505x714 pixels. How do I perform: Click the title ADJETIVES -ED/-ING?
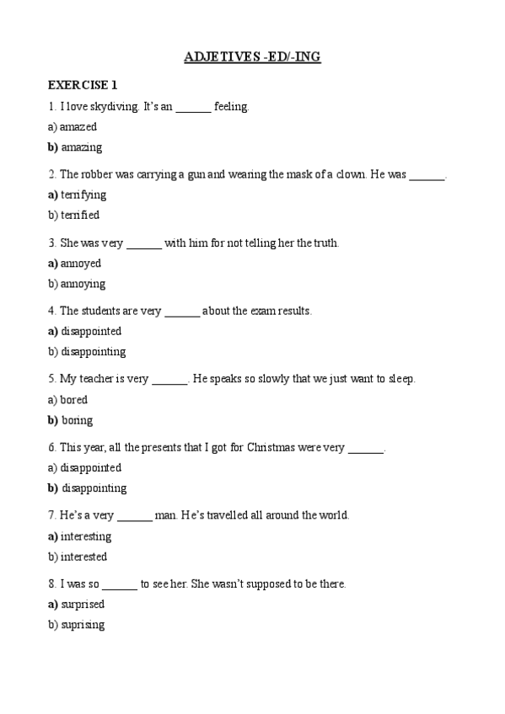click(252, 57)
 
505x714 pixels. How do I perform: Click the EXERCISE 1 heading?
click(83, 85)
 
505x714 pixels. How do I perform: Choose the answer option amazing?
click(81, 147)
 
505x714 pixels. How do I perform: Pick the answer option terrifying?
click(83, 194)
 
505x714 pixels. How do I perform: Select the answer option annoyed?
click(81, 264)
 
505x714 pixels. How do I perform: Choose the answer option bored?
click(74, 400)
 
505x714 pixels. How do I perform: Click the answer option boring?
click(77, 420)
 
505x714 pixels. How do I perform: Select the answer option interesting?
click(86, 536)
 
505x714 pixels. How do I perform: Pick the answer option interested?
click(83, 557)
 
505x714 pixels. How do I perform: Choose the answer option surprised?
click(83, 605)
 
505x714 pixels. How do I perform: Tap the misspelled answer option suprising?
click(83, 625)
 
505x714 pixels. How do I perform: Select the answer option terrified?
click(80, 216)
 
